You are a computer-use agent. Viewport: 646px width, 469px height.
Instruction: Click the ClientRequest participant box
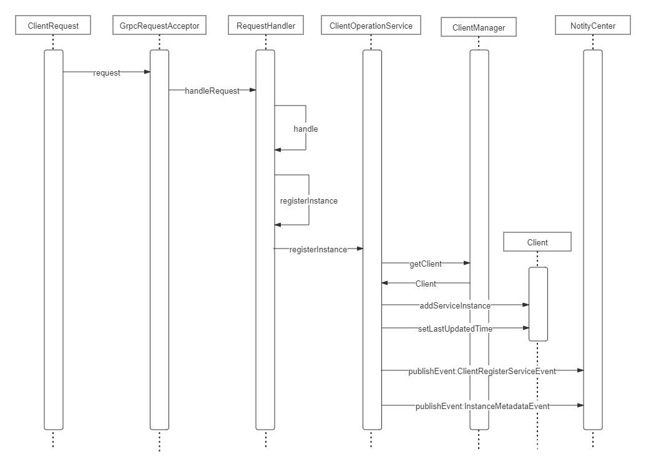click(53, 26)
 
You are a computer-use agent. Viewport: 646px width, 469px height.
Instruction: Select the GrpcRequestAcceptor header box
click(159, 26)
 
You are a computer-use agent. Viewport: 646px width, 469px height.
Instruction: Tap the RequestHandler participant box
click(265, 26)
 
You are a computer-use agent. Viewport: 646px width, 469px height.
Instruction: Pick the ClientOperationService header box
click(371, 26)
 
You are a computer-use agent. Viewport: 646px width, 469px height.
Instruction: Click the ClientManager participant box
click(479, 27)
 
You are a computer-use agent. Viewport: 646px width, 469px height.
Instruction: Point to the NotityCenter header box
click(592, 26)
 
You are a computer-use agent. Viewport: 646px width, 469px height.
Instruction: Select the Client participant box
click(537, 242)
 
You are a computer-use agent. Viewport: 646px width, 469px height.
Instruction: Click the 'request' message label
click(107, 72)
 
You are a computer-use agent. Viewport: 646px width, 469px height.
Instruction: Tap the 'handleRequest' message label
click(212, 91)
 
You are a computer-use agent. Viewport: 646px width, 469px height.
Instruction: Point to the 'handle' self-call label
click(306, 129)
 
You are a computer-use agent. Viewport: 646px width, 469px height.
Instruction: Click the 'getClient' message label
click(425, 264)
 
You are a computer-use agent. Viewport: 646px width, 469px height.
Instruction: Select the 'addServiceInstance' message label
click(455, 305)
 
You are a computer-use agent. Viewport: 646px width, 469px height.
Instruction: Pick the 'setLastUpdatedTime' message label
click(455, 328)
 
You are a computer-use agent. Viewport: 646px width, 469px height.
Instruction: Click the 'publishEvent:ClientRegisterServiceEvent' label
click(482, 371)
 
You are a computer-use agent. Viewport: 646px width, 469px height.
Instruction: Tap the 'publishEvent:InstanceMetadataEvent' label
click(482, 406)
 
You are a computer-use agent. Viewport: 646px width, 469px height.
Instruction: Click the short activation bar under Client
click(538, 304)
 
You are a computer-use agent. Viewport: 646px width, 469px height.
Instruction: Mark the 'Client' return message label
click(426, 284)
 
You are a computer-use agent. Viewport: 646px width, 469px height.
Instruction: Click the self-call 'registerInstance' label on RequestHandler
click(309, 201)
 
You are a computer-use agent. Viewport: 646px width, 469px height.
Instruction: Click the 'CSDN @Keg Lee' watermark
click(541, 449)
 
